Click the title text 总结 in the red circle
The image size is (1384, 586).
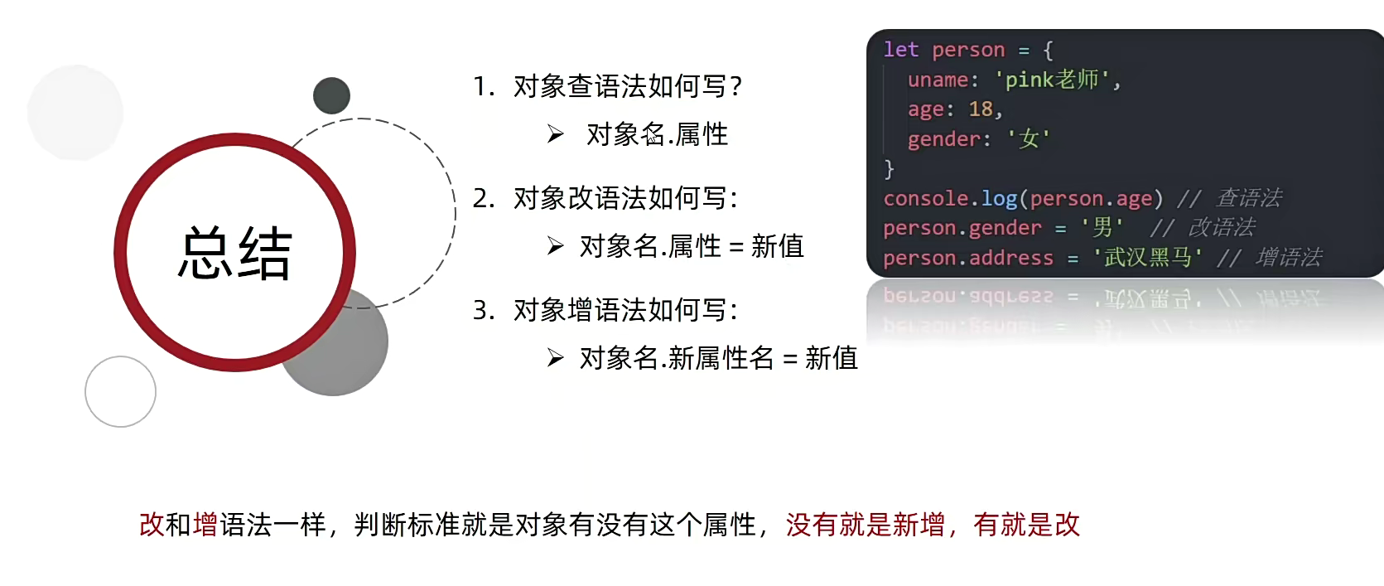click(x=234, y=253)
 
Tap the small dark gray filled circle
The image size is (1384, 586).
click(x=332, y=95)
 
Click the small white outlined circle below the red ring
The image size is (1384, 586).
click(x=120, y=391)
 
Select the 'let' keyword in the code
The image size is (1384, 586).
click(x=901, y=50)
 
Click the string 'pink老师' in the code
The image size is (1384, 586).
click(x=1057, y=80)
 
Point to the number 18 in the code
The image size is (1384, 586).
click(x=981, y=109)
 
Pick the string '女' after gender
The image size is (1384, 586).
click(x=1029, y=138)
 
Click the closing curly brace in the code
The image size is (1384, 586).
click(x=889, y=168)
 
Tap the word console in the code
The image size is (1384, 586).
click(x=925, y=198)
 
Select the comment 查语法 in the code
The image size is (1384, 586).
click(x=1249, y=198)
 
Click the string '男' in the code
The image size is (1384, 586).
click(x=1102, y=227)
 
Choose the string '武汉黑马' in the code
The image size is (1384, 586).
click(x=1147, y=257)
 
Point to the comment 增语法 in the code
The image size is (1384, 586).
click(x=1289, y=257)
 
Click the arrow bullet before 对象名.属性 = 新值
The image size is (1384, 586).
click(x=556, y=246)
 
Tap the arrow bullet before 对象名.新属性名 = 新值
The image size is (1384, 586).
click(x=556, y=358)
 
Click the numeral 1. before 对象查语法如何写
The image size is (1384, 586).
click(x=484, y=86)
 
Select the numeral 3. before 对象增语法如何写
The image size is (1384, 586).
click(x=484, y=310)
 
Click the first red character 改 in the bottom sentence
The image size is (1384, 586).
click(x=152, y=525)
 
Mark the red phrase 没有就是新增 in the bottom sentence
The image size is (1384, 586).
click(x=866, y=525)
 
